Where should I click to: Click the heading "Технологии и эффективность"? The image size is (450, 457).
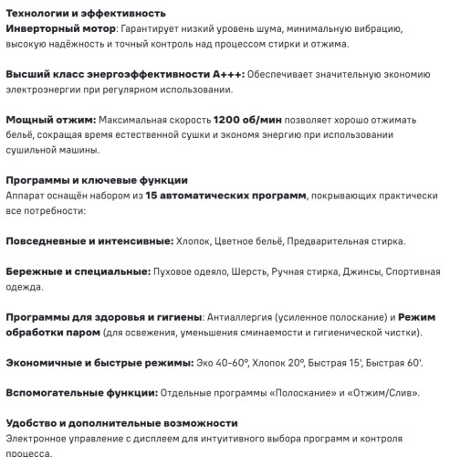pyautogui.click(x=86, y=13)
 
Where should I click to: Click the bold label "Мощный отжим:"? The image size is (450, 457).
pyautogui.click(x=50, y=120)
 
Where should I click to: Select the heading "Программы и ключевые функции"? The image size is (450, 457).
pyautogui.click(x=97, y=180)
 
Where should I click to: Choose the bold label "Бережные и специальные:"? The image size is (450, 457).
pyautogui.click(x=78, y=271)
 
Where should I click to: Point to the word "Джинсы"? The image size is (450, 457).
pyautogui.click(x=363, y=271)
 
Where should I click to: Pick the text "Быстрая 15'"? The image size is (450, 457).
pyautogui.click(x=342, y=363)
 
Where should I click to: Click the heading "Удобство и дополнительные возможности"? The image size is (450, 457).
pyautogui.click(x=121, y=423)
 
